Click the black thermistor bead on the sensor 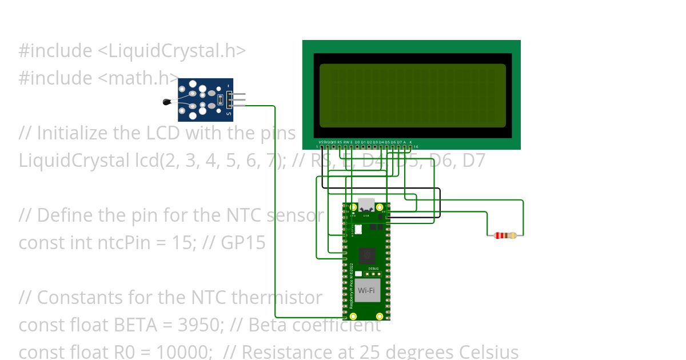coord(167,102)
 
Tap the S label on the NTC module coord(229,114)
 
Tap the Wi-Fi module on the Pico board coord(366,290)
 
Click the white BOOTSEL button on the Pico coord(358,229)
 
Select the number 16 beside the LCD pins coord(415,147)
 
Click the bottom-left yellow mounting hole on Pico coord(353,315)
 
